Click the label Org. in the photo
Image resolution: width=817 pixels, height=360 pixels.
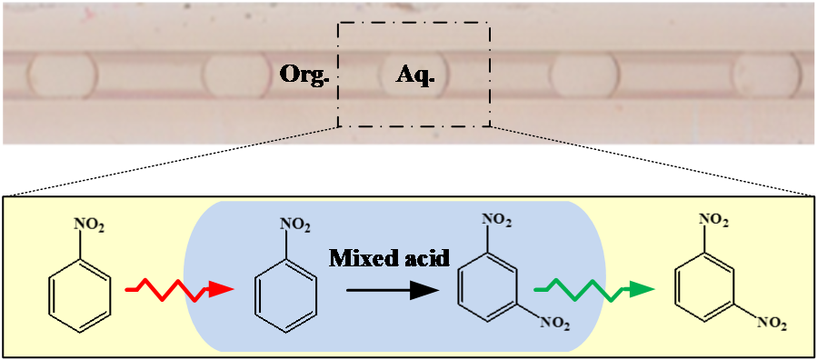[305, 76]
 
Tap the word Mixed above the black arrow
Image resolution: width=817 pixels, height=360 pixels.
[360, 258]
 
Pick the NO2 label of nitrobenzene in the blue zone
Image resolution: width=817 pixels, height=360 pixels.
[296, 225]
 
